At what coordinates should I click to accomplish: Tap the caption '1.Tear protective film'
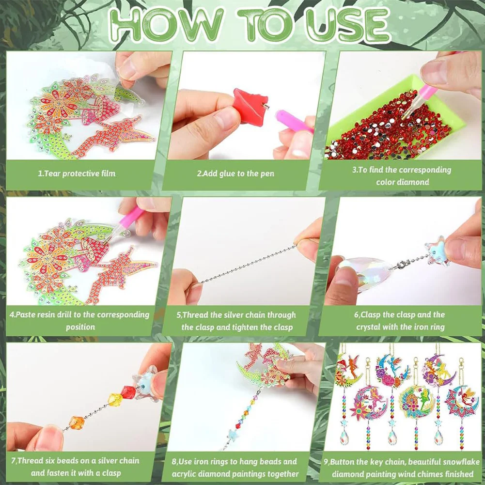pyautogui.click(x=77, y=173)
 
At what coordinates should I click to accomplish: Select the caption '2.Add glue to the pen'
pyautogui.click(x=235, y=173)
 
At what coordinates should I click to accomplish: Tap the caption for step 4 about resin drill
pyautogui.click(x=80, y=320)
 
